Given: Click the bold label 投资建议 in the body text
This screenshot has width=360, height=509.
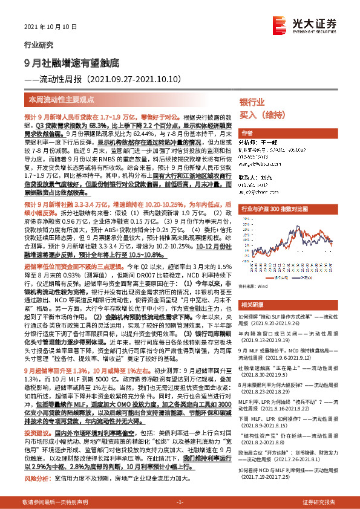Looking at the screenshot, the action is tap(37, 433).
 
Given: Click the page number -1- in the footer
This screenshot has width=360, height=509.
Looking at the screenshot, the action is tap(179, 502).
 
